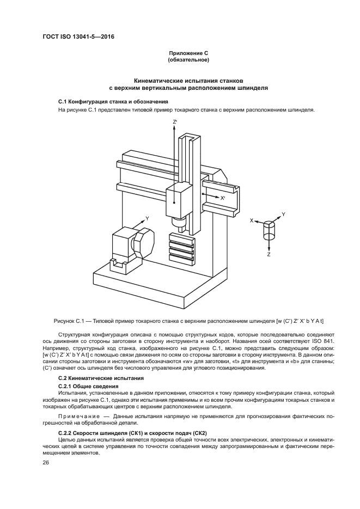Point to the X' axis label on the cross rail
[x=222, y=198]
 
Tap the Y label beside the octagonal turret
[x=147, y=218]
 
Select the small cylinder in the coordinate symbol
[x=270, y=230]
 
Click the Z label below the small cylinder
[x=269, y=254]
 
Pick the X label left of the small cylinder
[x=252, y=220]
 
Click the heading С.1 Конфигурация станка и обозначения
[x=113, y=102]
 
